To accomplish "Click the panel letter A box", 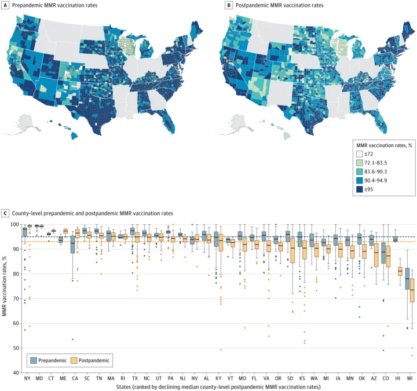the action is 5,5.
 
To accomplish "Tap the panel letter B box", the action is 229,5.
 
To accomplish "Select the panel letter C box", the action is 5,213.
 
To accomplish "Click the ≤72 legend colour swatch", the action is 359,154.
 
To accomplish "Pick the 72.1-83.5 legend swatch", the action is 359,163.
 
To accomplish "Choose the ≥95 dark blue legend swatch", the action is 359,189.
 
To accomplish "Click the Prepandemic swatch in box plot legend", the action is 34,360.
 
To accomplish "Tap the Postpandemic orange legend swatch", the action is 74,360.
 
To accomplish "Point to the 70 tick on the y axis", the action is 16,299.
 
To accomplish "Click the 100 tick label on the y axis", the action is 14,225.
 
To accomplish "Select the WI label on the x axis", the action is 409,378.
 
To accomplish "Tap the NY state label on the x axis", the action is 27,378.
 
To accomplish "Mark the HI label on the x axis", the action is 397,378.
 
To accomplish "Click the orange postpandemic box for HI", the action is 400,271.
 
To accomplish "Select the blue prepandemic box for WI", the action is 407,279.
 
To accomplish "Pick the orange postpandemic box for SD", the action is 292,250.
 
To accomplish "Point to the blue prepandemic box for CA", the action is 72,244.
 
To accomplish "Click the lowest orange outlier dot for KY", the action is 221,350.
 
